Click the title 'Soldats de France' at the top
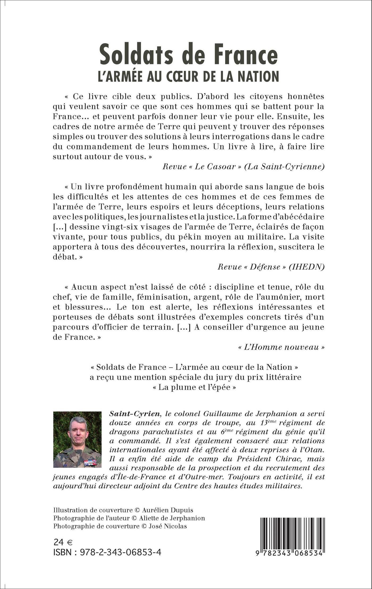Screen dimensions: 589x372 (189, 55)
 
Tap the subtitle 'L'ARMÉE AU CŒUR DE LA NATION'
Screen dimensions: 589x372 (189, 76)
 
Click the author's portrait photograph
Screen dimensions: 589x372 (77, 439)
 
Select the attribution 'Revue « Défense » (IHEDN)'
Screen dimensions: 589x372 (271, 267)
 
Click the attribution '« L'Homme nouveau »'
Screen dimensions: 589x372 (281, 347)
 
